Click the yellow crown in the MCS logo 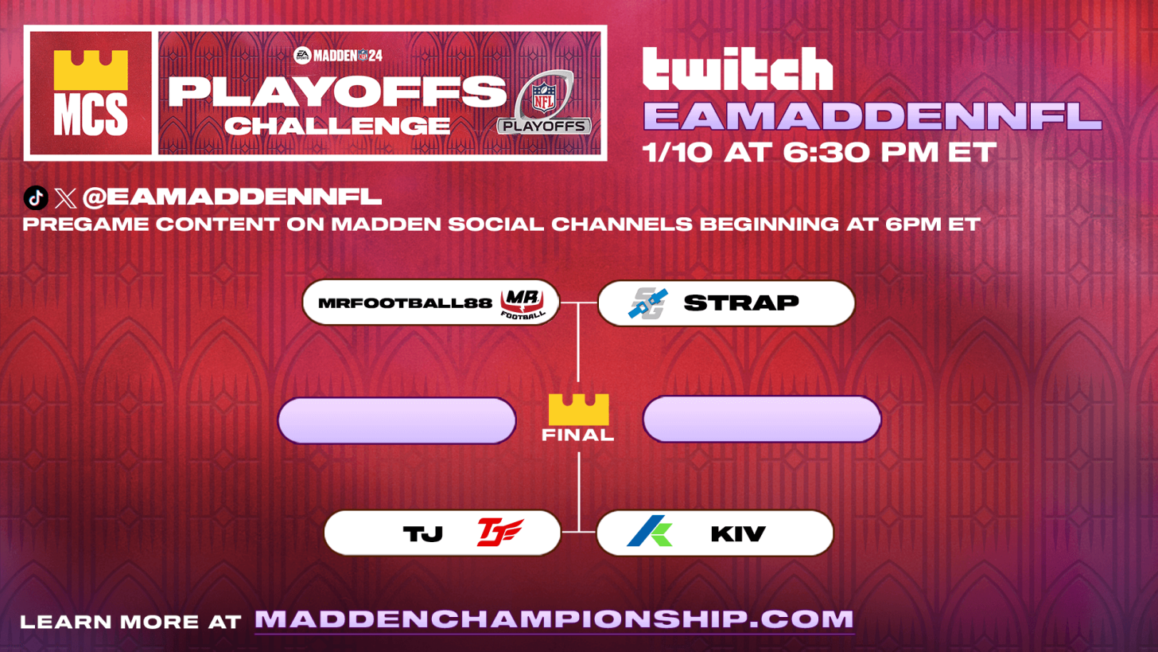[x=91, y=70]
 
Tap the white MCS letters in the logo [x=91, y=115]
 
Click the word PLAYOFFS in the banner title [x=337, y=92]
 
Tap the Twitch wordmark [x=736, y=69]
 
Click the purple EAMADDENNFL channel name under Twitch [x=872, y=116]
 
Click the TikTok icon [x=36, y=197]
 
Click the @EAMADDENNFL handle [x=231, y=197]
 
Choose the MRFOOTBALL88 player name [x=405, y=303]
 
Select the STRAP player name [x=740, y=303]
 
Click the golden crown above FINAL [x=578, y=409]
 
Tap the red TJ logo [x=499, y=533]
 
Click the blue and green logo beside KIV [x=650, y=532]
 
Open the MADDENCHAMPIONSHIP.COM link [x=554, y=619]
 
